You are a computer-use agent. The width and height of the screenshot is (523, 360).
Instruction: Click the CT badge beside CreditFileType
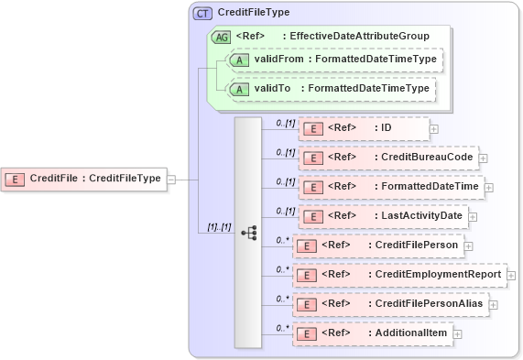pos(202,14)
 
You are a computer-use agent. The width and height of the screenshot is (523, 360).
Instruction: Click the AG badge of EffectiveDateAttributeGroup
pos(221,37)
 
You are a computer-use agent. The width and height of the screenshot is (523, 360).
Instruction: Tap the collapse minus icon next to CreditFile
pos(171,179)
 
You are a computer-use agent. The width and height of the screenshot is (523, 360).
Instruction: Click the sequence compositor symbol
pos(248,233)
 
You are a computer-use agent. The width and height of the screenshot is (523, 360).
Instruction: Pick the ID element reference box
pos(365,129)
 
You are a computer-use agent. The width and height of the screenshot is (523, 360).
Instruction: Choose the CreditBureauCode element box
pos(389,158)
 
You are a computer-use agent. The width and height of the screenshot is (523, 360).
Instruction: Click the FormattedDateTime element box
pos(393,187)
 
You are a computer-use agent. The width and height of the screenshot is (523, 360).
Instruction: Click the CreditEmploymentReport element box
pos(398,274)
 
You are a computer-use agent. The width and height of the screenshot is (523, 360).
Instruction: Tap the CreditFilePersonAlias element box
pos(389,303)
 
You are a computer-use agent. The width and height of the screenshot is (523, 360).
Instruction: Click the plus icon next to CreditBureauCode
pos(483,158)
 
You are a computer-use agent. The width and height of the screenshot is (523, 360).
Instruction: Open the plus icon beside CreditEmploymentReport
pos(511,275)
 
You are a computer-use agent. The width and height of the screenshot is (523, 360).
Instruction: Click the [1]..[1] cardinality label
pos(218,225)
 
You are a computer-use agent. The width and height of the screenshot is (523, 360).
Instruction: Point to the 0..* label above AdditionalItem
pos(282,326)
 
